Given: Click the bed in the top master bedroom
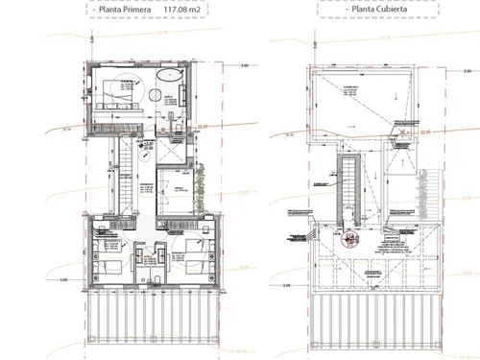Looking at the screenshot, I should tap(115, 93).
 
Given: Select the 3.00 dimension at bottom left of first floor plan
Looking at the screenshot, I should tap(64, 280).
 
